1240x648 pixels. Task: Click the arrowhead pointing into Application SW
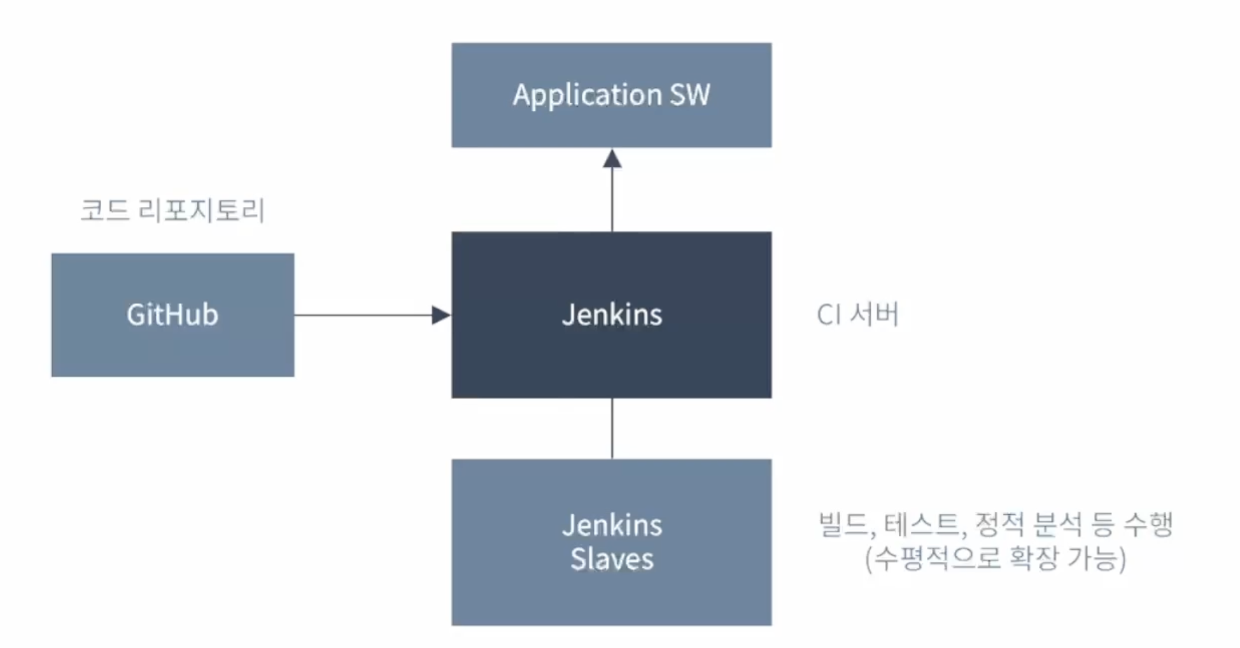[612, 159]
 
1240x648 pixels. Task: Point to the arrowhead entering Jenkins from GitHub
[440, 315]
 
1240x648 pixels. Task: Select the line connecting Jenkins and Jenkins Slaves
[612, 428]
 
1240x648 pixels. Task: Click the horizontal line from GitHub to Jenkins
[363, 315]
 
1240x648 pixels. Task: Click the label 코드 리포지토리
[173, 210]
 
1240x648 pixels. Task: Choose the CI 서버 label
[857, 314]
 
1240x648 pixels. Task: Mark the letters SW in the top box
[689, 95]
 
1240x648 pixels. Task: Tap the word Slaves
[612, 560]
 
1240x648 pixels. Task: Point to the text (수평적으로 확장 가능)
[996, 559]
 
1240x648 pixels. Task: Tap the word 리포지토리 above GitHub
[201, 210]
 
